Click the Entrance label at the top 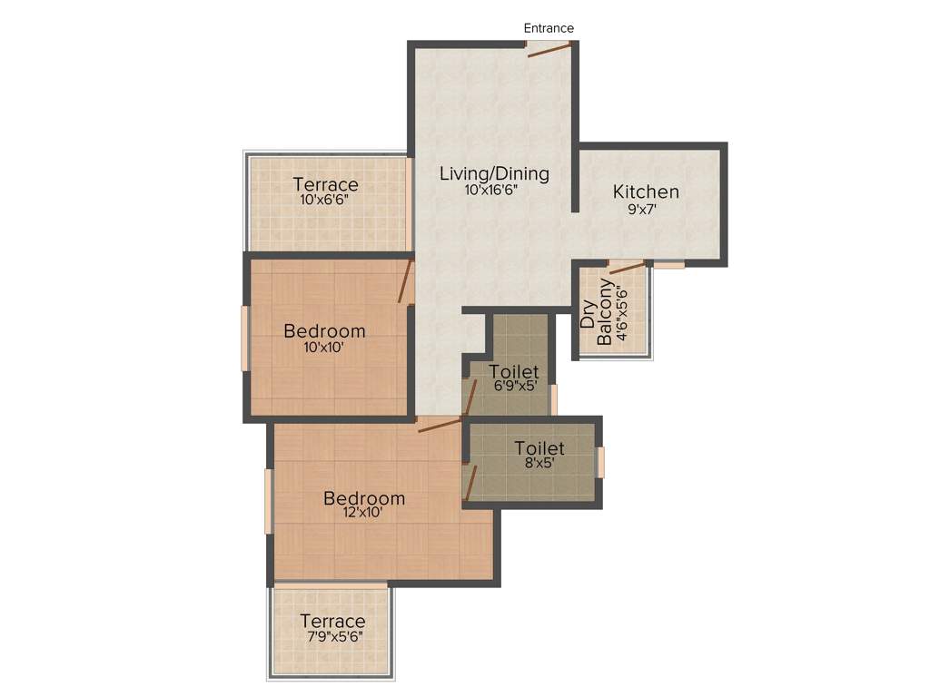coord(549,28)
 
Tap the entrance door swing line coord(549,51)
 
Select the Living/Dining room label coord(494,173)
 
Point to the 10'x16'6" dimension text coord(495,191)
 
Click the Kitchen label coord(646,191)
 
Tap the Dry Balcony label coord(596,313)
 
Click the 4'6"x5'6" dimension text coord(622,313)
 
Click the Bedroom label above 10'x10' coord(324,330)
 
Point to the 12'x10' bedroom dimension coord(363,513)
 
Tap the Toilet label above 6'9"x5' coord(514,371)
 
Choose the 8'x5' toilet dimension coord(539,463)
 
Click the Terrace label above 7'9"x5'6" coord(332,622)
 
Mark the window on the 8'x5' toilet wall coord(600,462)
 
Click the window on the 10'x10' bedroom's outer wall coord(244,338)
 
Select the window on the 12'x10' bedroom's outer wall coord(268,501)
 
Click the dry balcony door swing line coord(627,267)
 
